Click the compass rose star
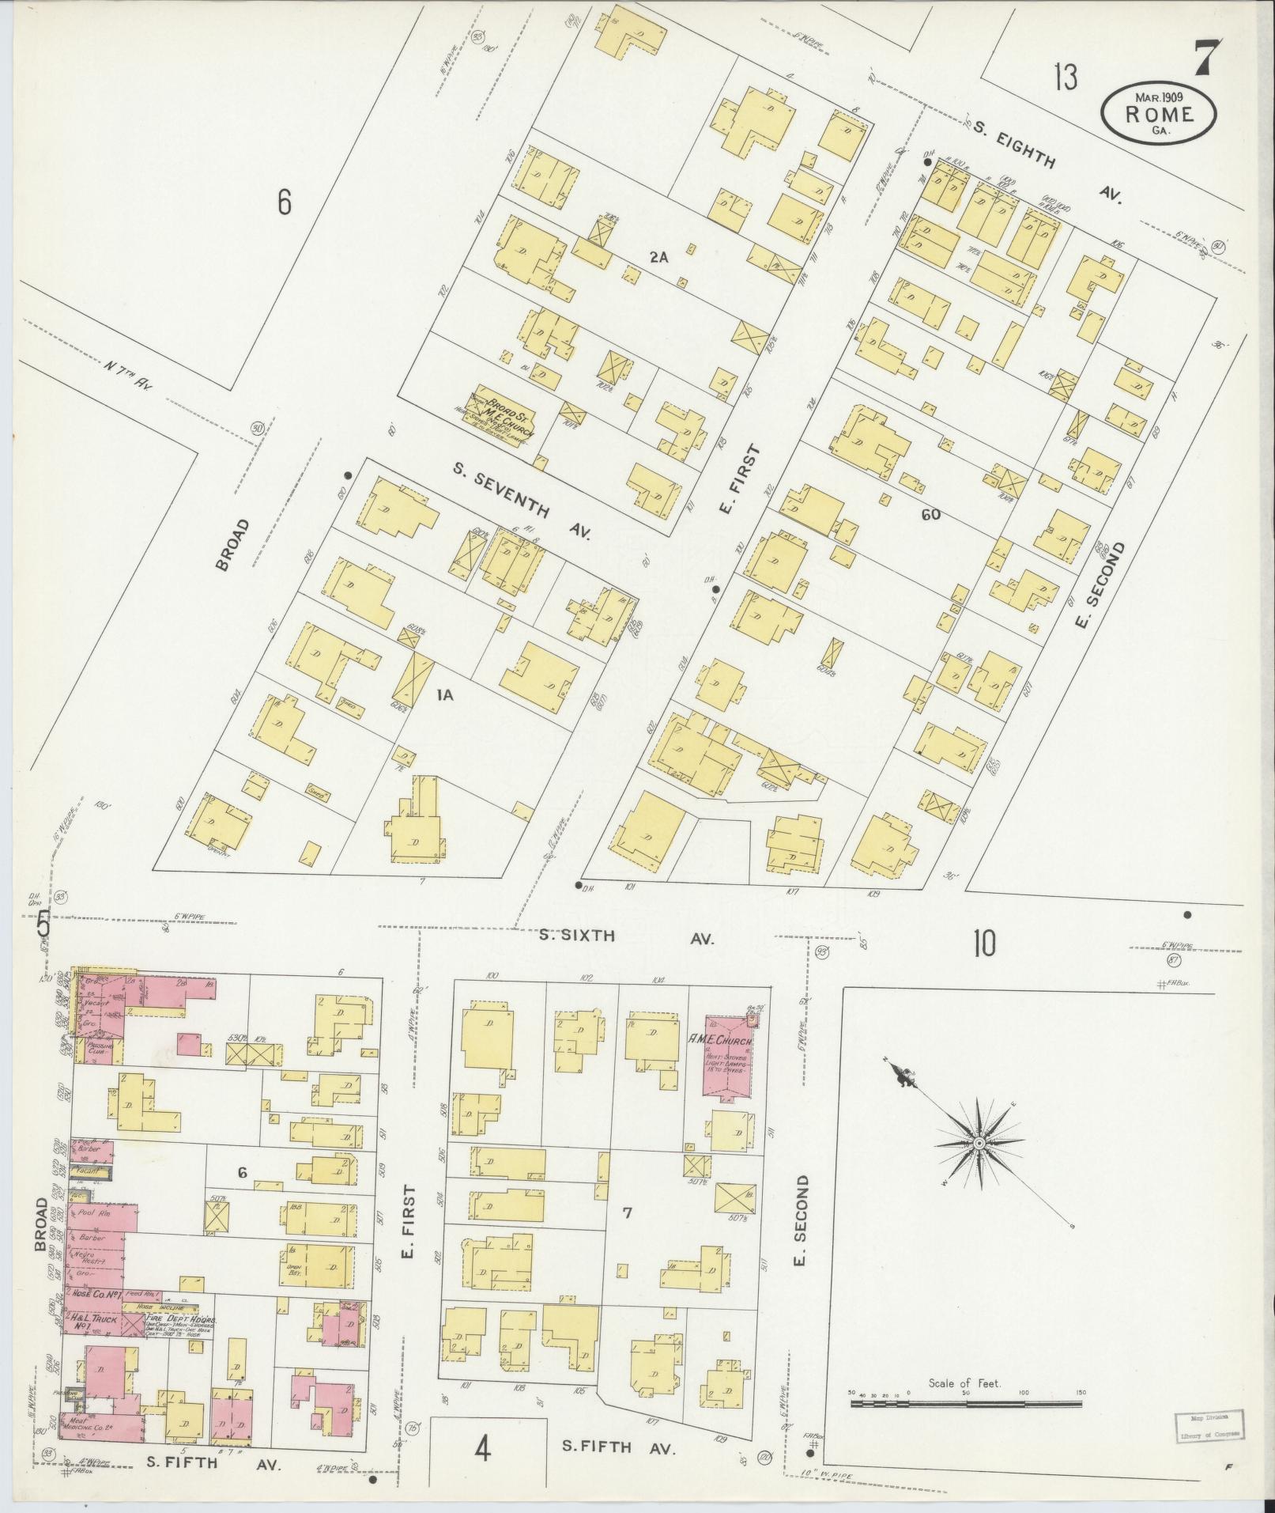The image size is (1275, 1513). tap(979, 1144)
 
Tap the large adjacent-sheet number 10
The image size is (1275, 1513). tap(984, 944)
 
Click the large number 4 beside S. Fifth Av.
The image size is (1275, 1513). tap(483, 1450)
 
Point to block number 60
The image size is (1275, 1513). tap(930, 514)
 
